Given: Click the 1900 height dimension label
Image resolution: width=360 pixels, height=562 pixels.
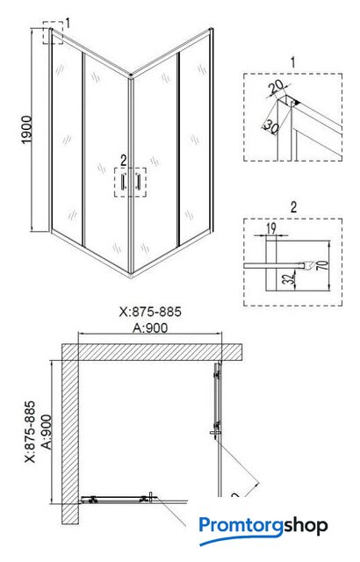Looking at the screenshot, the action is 27,130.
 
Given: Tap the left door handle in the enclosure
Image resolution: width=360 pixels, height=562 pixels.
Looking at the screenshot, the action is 124,181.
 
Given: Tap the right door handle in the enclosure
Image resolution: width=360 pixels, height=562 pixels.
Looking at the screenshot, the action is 137,181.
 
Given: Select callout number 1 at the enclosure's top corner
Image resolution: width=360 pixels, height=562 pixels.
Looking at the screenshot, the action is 68,24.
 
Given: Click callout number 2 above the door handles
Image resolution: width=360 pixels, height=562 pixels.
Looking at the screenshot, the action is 124,161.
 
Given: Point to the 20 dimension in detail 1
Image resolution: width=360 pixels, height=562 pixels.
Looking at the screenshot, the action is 277,87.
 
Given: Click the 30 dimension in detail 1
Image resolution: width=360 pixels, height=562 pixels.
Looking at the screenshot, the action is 270,126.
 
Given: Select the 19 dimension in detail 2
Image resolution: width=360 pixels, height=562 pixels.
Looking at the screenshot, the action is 271,228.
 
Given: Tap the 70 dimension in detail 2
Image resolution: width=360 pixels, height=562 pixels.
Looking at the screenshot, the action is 322,265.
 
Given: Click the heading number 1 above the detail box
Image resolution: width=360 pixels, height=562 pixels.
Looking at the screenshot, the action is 292,62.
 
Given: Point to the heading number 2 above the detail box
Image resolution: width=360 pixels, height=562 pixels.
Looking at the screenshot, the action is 294,207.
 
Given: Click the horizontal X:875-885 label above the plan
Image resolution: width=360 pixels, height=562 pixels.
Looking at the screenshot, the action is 150,312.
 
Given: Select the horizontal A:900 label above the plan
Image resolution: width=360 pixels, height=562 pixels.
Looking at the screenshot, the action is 150,328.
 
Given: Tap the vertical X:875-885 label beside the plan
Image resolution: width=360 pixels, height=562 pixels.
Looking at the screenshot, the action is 30,431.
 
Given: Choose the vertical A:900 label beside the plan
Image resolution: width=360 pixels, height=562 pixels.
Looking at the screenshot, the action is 47,432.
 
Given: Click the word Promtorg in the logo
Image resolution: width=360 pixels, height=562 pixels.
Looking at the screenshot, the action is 241,526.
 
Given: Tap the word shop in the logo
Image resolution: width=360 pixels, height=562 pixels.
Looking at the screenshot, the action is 306,526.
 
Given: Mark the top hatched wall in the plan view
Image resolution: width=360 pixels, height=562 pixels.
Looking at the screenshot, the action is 152,352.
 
